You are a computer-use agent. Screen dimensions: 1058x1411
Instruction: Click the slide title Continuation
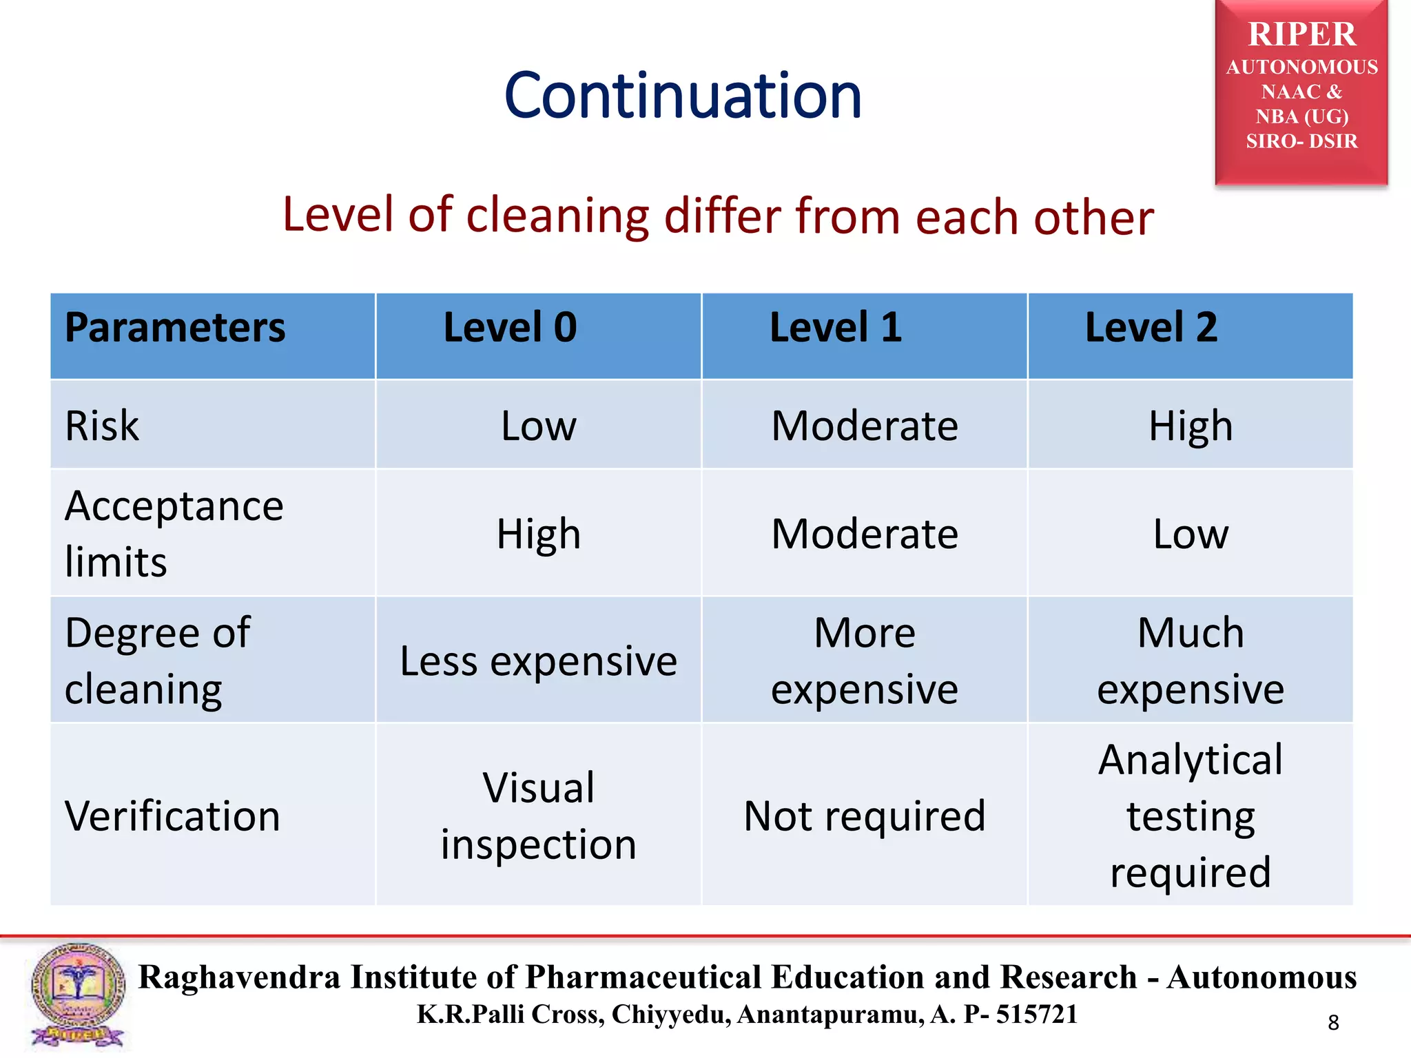click(682, 96)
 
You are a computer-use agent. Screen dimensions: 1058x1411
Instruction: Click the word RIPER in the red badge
click(1301, 34)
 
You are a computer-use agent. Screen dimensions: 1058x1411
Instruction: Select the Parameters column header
click(175, 327)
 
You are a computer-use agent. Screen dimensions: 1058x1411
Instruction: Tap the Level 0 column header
click(510, 327)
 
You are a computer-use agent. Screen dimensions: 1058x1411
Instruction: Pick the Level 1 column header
click(836, 327)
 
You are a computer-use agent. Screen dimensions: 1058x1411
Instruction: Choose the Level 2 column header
click(1151, 327)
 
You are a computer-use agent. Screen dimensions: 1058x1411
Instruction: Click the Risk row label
click(102, 426)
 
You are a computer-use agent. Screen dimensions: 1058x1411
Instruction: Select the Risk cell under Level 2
click(1190, 426)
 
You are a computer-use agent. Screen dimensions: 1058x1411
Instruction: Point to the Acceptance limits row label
click(174, 534)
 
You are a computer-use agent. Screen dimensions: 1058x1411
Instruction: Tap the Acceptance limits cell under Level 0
click(538, 534)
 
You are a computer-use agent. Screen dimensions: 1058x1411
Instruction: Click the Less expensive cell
click(538, 661)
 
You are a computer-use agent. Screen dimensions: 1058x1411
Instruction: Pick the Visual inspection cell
click(538, 816)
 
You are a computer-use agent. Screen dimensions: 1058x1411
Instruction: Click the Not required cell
click(864, 816)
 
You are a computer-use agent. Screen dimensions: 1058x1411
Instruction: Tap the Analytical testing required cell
click(1190, 816)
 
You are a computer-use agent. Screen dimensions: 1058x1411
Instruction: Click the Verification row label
click(172, 816)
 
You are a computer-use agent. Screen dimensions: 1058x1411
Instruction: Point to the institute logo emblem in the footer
click(78, 995)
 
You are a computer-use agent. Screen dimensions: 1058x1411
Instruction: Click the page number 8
click(1333, 1023)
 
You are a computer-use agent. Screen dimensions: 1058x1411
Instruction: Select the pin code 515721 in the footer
click(1036, 1014)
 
